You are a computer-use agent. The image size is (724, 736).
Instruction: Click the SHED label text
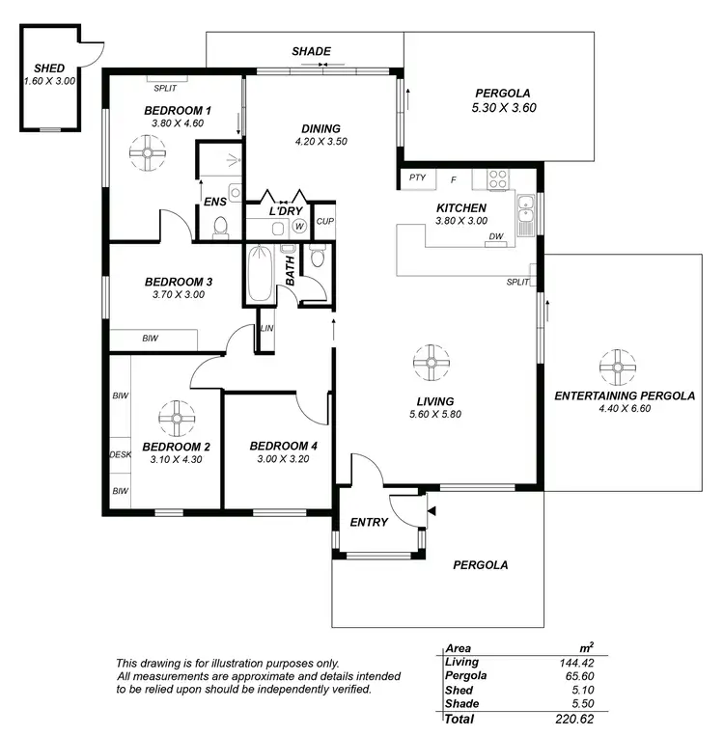tap(48, 68)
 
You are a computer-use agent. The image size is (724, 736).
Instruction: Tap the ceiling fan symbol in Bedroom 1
tap(148, 151)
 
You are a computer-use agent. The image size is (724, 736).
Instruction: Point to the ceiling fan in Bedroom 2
tap(176, 416)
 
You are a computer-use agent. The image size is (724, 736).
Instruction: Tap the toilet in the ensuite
tap(219, 228)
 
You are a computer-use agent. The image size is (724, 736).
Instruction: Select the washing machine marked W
tap(299, 228)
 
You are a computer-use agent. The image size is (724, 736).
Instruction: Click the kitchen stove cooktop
tap(499, 178)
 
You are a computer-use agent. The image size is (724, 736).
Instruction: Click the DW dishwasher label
tap(496, 236)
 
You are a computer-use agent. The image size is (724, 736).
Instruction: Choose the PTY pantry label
tap(417, 177)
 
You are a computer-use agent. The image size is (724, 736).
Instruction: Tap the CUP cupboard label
tap(324, 221)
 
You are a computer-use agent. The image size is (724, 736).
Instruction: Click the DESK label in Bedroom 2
tap(120, 453)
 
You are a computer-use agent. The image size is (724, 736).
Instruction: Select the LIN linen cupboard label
tap(267, 329)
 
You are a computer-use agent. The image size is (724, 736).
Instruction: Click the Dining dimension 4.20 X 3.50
tap(320, 142)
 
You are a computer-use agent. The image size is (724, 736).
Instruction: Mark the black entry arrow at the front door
tap(431, 510)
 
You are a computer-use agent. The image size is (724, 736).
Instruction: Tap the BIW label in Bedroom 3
tap(151, 339)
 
